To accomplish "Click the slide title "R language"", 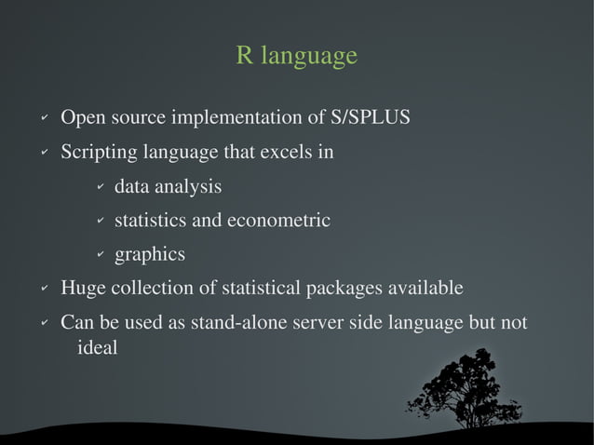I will coord(296,56).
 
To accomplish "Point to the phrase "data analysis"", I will coord(168,187).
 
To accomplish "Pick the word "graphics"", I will coord(149,254).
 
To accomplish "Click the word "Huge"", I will coord(83,289).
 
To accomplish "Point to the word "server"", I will coord(321,322).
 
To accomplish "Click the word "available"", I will coord(428,289).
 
